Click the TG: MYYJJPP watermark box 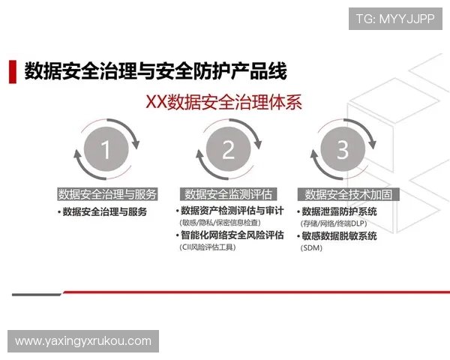pos(394,19)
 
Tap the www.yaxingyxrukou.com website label pos(83,341)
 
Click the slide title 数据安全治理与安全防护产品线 pos(156,71)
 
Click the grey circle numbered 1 pos(106,150)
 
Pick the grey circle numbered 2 pos(228,150)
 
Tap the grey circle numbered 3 pos(342,150)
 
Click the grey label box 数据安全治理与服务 pos(107,194)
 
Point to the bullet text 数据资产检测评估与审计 pos(232,211)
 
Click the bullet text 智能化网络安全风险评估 pos(232,235)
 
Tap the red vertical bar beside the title pos(12,71)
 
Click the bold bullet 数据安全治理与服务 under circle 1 pos(105,211)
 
